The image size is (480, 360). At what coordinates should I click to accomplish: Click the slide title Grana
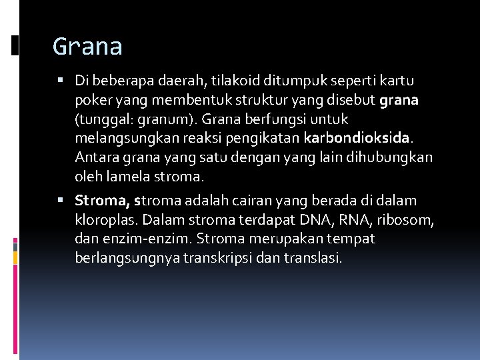pos(87,47)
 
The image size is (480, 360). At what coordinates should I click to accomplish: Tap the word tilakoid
pos(234,81)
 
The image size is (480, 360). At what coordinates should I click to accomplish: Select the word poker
pos(91,100)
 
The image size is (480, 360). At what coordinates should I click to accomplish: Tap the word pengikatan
pos(268,139)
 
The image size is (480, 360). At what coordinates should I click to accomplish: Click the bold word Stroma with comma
pos(103,200)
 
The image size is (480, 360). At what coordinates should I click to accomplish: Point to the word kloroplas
pos(106,219)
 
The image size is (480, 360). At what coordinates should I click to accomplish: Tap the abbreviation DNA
pos(313,219)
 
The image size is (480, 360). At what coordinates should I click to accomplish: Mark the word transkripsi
pos(243,258)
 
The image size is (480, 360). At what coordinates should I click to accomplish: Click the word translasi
pos(317,258)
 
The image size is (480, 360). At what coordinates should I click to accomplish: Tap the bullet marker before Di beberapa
pos(61,81)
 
